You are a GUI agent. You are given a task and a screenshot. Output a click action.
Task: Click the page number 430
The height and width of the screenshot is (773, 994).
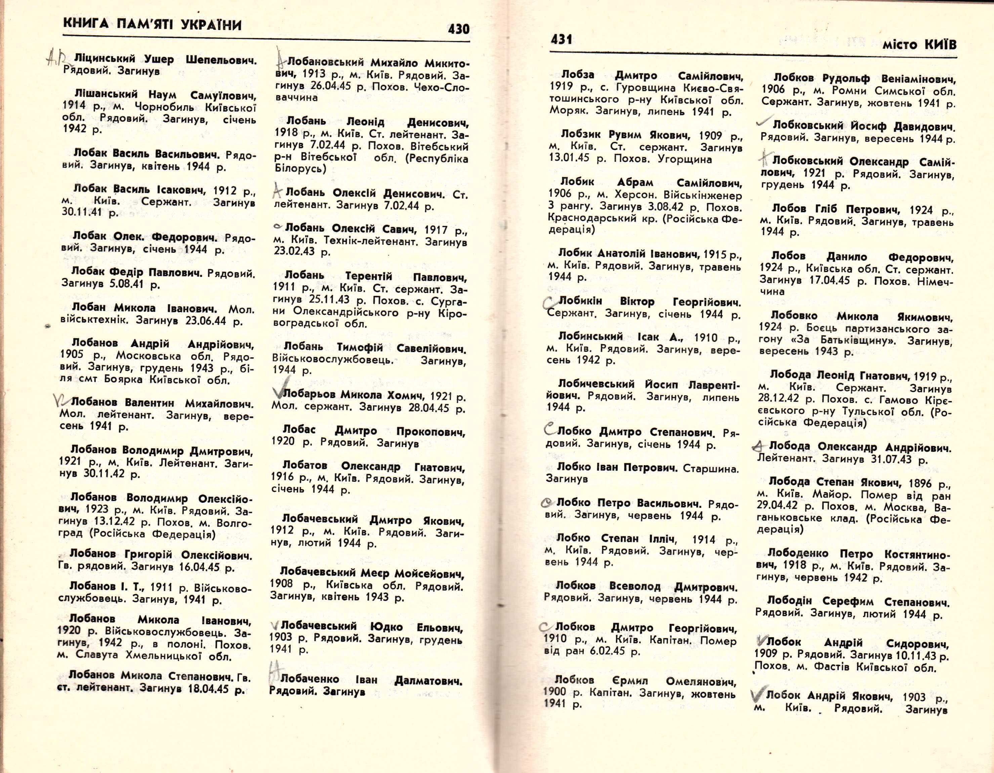point(458,29)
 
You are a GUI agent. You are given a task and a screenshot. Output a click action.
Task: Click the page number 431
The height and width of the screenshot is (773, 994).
point(562,40)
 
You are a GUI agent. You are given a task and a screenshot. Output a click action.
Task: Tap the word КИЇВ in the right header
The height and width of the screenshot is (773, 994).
point(940,45)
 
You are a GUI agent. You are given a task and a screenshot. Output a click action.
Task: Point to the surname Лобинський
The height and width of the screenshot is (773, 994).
point(590,336)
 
